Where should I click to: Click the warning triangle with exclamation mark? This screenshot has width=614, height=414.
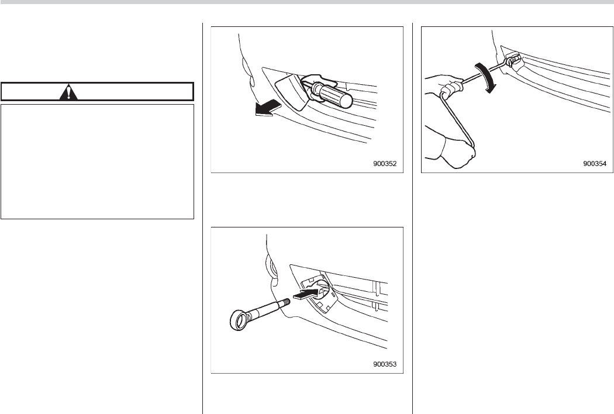pyautogui.click(x=68, y=92)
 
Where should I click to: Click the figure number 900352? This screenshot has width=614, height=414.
pyautogui.click(x=385, y=164)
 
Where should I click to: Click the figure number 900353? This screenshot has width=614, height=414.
pyautogui.click(x=385, y=364)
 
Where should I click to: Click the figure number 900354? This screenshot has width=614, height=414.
pyautogui.click(x=595, y=164)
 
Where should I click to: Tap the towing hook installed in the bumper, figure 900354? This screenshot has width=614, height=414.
pyautogui.click(x=512, y=61)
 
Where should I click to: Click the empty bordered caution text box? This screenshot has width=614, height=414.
pyautogui.click(x=98, y=161)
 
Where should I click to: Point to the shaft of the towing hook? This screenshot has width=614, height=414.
pyautogui.click(x=264, y=310)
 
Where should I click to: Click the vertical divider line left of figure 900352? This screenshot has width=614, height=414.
pyautogui.click(x=202, y=218)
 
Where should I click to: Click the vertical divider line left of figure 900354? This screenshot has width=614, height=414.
pyautogui.click(x=413, y=218)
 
